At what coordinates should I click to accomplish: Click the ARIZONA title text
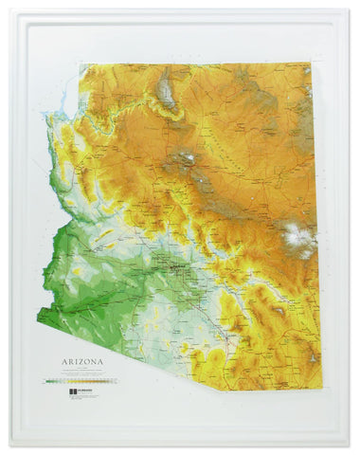[x=83, y=360]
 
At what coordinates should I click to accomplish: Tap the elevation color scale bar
[x=85, y=380]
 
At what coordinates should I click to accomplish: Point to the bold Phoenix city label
[x=176, y=268]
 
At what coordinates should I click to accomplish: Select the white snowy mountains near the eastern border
[x=299, y=238]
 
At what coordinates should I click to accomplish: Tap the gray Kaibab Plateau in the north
[x=167, y=90]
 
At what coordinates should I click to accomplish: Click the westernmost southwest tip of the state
[x=38, y=314]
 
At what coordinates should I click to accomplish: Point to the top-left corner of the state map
[x=81, y=64]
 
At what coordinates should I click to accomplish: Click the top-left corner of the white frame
[x=10, y=9]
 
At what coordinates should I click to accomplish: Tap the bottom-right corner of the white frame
[x=350, y=446]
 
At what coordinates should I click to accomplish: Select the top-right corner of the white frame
[x=350, y=9]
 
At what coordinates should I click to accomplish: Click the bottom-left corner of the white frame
[x=10, y=446]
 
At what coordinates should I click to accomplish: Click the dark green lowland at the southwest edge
[x=57, y=284]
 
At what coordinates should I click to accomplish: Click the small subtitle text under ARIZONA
[x=83, y=370]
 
